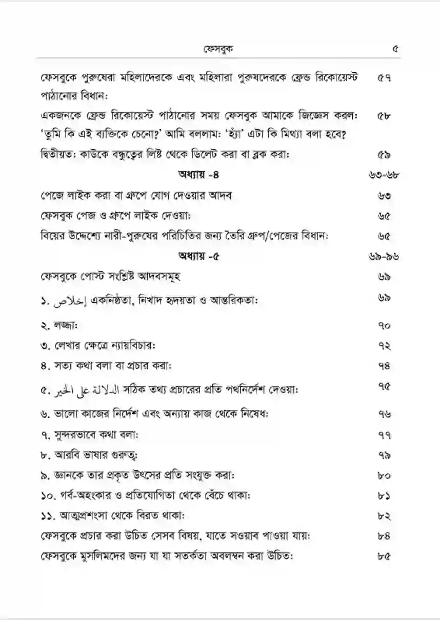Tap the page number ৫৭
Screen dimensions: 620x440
click(384, 78)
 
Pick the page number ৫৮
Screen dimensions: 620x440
click(384, 116)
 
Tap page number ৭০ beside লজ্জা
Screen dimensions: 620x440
click(384, 325)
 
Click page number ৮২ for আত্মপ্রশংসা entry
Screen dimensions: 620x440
click(384, 515)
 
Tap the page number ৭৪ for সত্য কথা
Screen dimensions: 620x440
click(384, 366)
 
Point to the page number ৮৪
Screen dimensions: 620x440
click(384, 535)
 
